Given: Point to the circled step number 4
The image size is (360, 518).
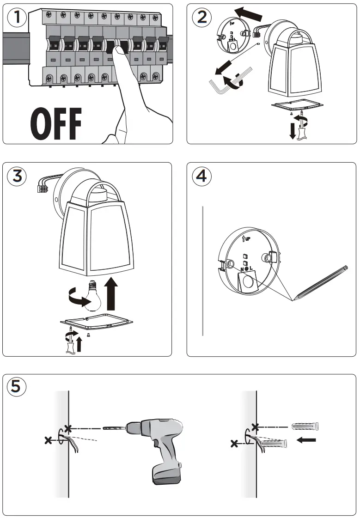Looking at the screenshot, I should [201, 177].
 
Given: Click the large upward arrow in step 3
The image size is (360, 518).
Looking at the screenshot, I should [111, 294].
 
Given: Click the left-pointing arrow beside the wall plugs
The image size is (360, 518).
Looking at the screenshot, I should [306, 440].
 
